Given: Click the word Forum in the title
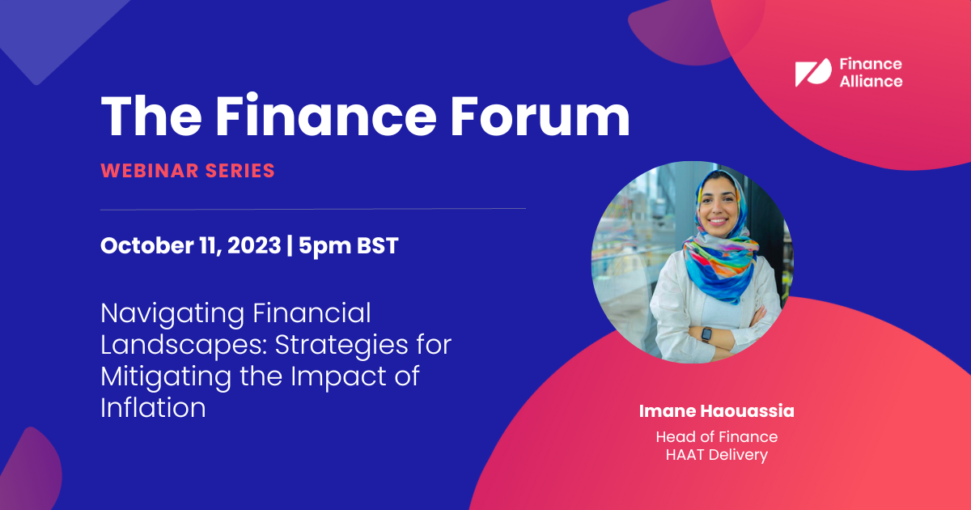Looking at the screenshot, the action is click(x=540, y=116).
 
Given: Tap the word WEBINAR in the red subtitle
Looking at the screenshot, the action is click(x=150, y=171).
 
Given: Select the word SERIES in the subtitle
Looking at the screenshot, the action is click(x=240, y=171).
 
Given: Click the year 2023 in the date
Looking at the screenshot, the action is click(x=254, y=245).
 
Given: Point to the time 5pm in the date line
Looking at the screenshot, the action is click(x=324, y=247).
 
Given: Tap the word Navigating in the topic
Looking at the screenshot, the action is click(x=172, y=314).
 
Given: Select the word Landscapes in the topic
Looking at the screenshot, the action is click(x=184, y=345).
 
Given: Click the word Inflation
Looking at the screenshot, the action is click(x=153, y=408).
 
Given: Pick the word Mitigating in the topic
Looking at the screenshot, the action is click(x=166, y=377).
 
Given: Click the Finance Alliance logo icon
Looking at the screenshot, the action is click(x=813, y=72).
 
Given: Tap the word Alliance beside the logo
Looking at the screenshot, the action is click(x=871, y=81).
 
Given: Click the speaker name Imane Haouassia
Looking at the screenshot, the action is click(x=717, y=411).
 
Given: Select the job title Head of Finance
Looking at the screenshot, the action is click(x=717, y=436).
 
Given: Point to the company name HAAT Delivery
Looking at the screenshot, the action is click(x=717, y=455).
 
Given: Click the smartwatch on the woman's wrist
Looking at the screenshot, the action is click(x=706, y=334).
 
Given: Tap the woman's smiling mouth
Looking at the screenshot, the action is click(x=718, y=221).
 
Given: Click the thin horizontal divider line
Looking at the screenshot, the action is click(x=313, y=209).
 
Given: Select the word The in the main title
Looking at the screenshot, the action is click(x=151, y=116).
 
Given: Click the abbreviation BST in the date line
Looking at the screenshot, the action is click(x=378, y=245).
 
